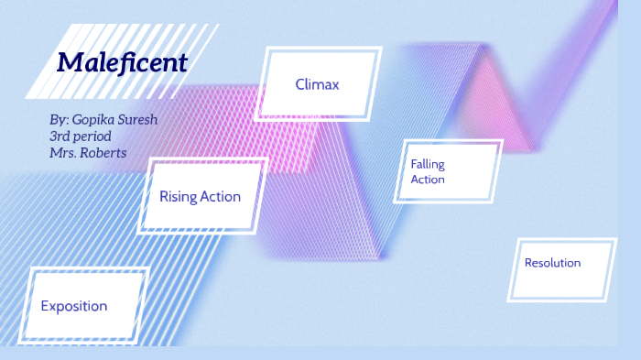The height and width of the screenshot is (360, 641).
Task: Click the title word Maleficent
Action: coord(122,63)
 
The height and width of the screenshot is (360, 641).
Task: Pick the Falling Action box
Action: coord(449,171)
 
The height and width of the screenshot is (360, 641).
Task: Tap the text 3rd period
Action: coord(81,136)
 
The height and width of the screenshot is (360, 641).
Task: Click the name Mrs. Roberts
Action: coord(88,153)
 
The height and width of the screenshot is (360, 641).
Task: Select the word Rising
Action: coord(179,196)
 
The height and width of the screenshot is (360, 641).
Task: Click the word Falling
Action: coord(428,163)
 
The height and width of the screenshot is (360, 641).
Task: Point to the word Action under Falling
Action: coord(428,180)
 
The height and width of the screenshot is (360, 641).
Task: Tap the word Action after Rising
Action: coord(222,196)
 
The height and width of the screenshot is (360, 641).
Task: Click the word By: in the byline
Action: coord(59,120)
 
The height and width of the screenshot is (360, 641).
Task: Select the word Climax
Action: coord(318,84)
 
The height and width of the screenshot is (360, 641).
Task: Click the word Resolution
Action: coord(552,263)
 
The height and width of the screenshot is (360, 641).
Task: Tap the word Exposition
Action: coord(74,306)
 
